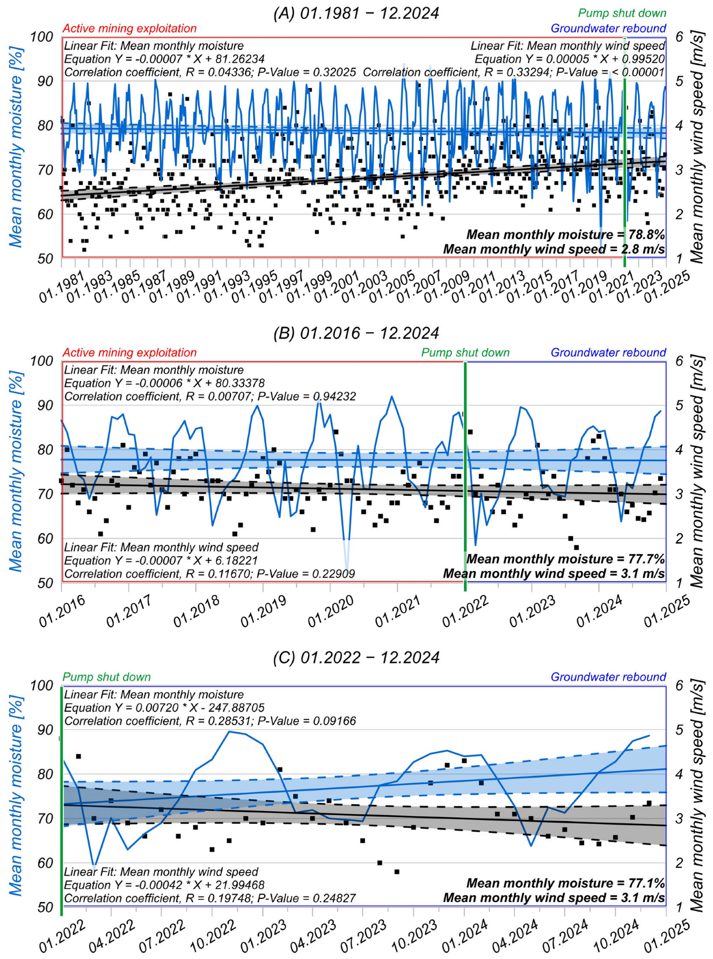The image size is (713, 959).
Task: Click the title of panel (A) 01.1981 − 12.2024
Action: click(356, 13)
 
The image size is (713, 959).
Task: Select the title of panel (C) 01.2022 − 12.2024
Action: click(356, 657)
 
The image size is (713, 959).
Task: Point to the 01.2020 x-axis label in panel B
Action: click(331, 611)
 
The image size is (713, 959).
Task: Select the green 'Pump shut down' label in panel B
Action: click(465, 353)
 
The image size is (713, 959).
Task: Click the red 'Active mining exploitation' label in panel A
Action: click(130, 28)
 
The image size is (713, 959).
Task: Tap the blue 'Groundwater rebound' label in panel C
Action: click(608, 677)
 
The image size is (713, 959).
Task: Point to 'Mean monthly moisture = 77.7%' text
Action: click(565, 559)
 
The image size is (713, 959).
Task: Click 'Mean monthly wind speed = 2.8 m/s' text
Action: click(554, 249)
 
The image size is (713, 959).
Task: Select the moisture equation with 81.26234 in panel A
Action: click(164, 59)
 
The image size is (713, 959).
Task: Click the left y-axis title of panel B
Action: click(16, 471)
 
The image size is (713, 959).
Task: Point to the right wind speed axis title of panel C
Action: click(697, 795)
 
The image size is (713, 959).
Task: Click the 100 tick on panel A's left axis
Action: click(42, 37)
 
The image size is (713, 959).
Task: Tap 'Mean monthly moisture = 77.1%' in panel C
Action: click(565, 883)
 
